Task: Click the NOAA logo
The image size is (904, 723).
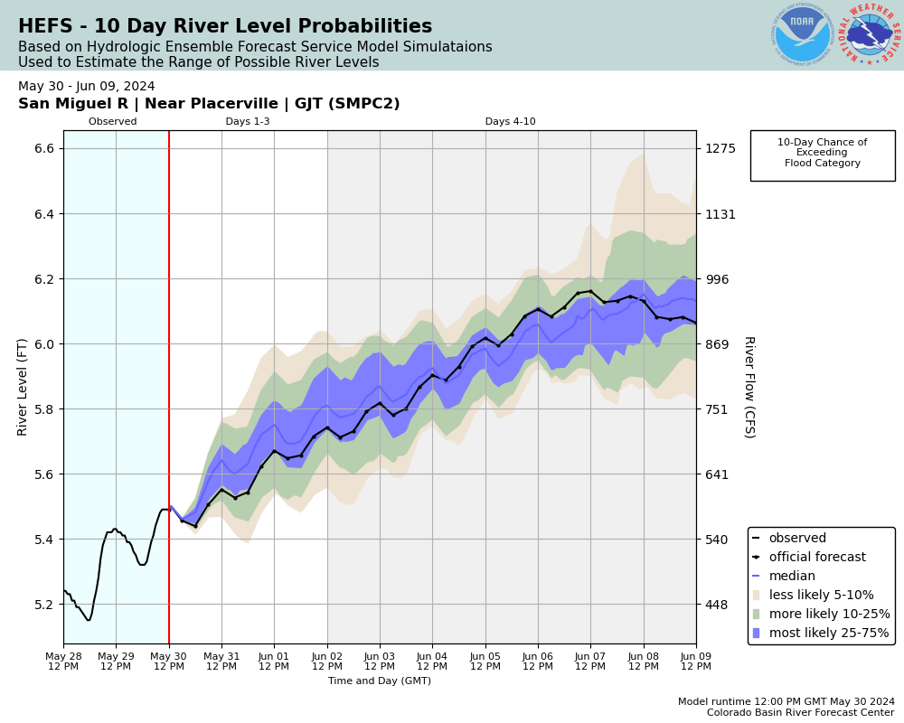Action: click(802, 35)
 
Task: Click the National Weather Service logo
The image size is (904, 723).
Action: click(870, 35)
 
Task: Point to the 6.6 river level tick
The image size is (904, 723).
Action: click(43, 148)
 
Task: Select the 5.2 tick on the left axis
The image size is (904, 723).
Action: click(43, 604)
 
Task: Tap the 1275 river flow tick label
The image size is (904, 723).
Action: click(720, 148)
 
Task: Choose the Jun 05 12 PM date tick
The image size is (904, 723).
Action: click(485, 660)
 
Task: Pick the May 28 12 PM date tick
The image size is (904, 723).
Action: click(63, 660)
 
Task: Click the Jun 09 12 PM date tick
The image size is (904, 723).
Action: click(696, 660)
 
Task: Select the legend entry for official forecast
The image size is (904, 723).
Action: click(816, 558)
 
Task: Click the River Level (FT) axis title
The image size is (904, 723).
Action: click(24, 387)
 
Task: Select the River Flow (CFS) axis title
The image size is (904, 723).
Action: click(749, 387)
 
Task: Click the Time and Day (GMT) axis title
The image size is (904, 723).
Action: click(380, 681)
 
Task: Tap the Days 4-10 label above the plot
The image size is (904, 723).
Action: click(510, 122)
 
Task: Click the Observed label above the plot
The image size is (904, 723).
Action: click(113, 122)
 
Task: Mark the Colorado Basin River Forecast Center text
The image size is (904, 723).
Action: click(799, 711)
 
